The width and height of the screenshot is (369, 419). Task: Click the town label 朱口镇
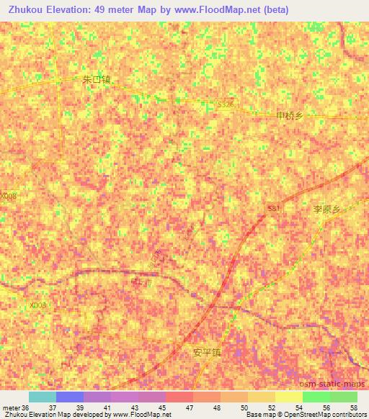[x=97, y=81]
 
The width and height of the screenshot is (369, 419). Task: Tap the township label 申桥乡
[x=291, y=115]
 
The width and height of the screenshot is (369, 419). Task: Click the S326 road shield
[x=226, y=105]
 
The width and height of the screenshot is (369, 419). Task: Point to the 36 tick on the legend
[x=26, y=407]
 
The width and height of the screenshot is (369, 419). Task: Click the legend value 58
[x=357, y=407]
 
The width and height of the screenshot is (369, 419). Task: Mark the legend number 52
[x=275, y=407]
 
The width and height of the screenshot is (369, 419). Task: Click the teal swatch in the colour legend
[x=42, y=397]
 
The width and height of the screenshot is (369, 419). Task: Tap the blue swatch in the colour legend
[x=69, y=397]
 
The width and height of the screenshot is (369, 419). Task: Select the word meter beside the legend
[x=10, y=407]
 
